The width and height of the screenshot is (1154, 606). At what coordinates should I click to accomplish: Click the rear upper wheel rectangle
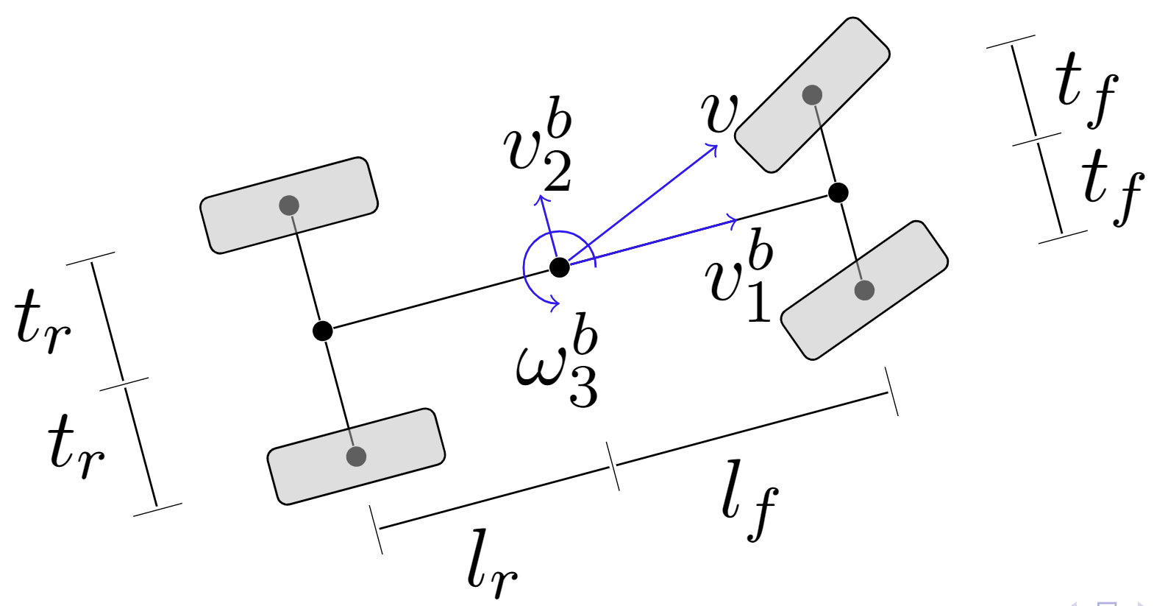(289, 205)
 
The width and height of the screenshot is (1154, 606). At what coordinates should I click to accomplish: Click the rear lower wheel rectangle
(356, 457)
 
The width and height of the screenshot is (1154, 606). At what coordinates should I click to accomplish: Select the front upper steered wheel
(812, 95)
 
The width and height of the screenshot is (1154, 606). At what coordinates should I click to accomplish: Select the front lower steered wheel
(864, 290)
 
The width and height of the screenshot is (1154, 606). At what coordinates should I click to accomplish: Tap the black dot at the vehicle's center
(560, 267)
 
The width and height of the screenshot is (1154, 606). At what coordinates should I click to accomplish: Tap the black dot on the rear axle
(322, 331)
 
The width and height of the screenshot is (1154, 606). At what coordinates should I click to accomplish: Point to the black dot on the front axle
(838, 193)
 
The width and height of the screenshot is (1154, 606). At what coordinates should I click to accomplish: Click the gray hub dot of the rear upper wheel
(289, 205)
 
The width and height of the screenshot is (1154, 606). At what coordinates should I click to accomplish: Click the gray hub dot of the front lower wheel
(864, 290)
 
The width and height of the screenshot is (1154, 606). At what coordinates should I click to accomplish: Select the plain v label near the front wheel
(718, 113)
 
